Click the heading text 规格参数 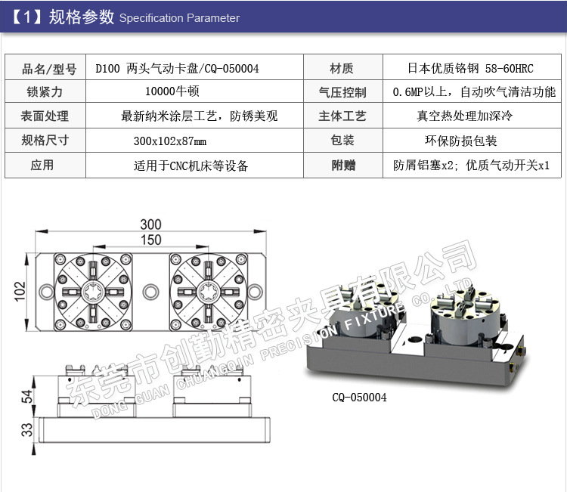[82, 17]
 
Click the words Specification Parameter [179, 18]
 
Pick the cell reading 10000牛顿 [170, 92]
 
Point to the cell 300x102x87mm [169, 141]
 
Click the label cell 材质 [342, 69]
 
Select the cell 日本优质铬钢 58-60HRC [470, 69]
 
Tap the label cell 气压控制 [342, 92]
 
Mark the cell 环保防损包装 [461, 141]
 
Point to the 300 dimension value [150, 224]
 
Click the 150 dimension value [150, 240]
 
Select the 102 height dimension [20, 290]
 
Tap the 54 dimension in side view [26, 397]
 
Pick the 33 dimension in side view [26, 429]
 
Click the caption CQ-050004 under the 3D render [359, 398]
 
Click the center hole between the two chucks [151, 290]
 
